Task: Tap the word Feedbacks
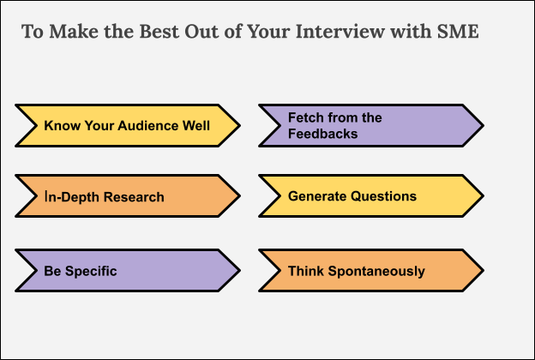point(322,134)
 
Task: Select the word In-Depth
point(69,197)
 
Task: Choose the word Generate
point(317,196)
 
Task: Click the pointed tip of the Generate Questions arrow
point(483,196)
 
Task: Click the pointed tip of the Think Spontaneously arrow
point(483,271)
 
